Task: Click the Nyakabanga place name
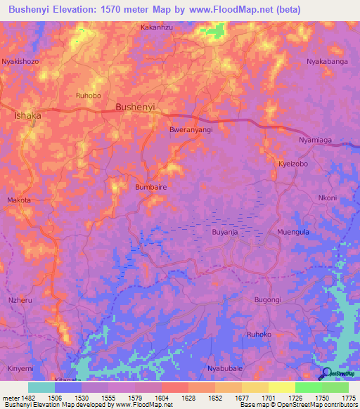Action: [x=327, y=62]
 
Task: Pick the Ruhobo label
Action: [x=89, y=95]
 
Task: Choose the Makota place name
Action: [x=19, y=200]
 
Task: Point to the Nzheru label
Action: [x=19, y=299]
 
